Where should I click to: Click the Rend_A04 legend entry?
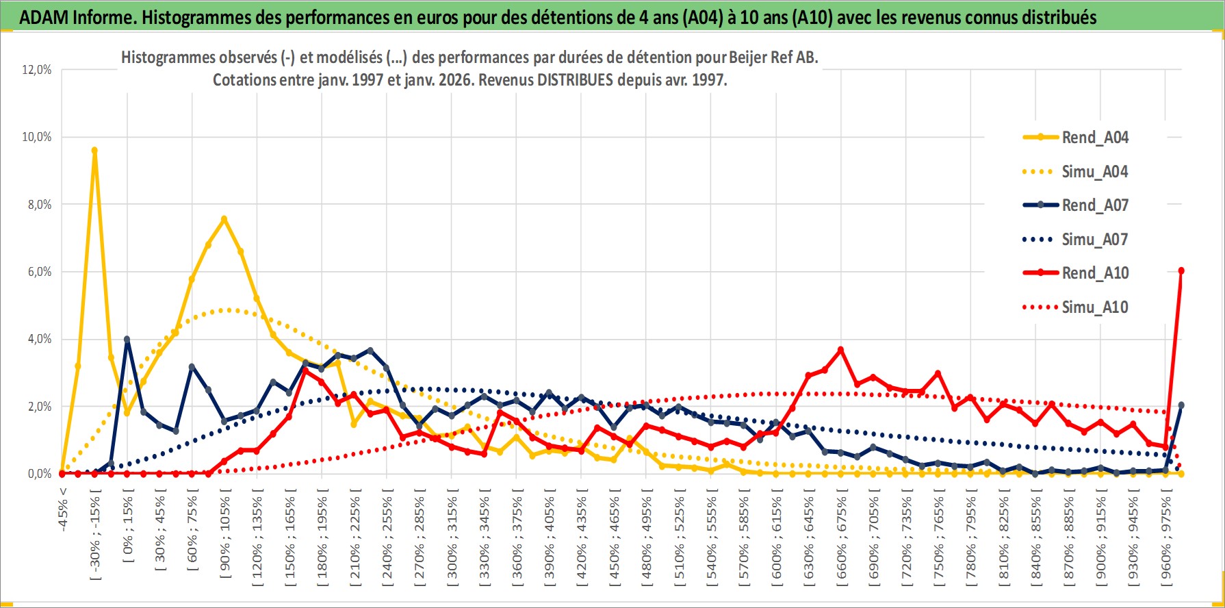[x=1094, y=138]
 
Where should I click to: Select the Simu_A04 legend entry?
[x=1094, y=172]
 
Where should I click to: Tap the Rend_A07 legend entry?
[x=1094, y=205]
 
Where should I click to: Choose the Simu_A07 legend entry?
[x=1094, y=240]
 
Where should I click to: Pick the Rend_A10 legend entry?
[x=1094, y=273]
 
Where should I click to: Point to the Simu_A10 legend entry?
[x=1094, y=307]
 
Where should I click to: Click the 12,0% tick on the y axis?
[x=37, y=70]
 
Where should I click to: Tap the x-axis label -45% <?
[x=63, y=507]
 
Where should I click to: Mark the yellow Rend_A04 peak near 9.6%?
[x=94, y=151]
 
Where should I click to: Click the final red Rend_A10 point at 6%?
[x=1181, y=271]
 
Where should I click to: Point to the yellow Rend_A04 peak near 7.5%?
[x=224, y=219]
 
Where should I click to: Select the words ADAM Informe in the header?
[x=76, y=18]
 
